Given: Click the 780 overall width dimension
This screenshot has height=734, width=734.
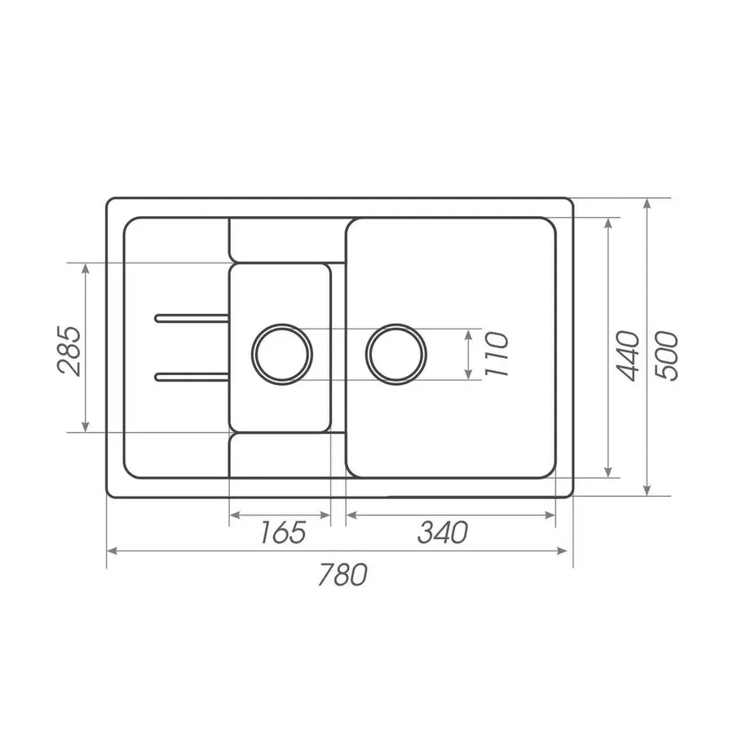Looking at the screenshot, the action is coord(343,575).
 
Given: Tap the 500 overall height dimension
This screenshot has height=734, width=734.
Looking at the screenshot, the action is coord(666,356).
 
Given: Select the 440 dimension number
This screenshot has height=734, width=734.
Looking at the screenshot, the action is coord(627,356).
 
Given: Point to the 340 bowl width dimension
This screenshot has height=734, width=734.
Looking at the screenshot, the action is coord(443,533).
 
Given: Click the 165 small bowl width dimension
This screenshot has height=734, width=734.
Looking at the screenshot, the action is coord(283,533).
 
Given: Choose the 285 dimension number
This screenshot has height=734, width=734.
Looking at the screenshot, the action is coord(69,351).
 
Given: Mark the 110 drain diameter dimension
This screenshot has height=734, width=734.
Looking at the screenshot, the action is coord(496,354).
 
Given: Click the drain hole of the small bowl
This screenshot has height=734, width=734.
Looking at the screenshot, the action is coord(282,355).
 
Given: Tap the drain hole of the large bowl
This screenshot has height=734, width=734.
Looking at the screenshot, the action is coord(396,355).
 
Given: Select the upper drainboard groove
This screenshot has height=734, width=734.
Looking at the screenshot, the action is coord(192,318).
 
